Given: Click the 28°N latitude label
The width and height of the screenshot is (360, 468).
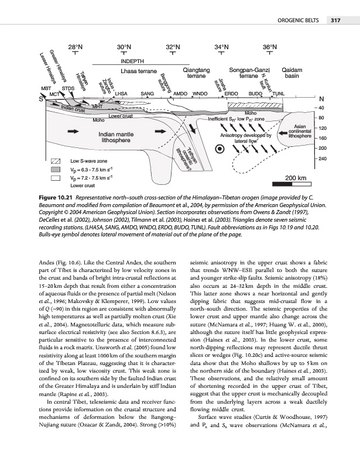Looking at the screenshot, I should (76, 46).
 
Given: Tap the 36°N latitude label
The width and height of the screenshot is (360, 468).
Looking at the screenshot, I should (270, 46).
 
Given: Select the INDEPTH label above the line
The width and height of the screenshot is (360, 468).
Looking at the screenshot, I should (133, 61).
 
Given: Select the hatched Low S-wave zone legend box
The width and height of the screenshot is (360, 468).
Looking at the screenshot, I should (56, 160).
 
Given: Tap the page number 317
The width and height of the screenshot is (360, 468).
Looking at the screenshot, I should (337, 21).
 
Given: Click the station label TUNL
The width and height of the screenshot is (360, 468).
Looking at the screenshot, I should (279, 94).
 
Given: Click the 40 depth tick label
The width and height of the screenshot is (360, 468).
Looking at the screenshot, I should (321, 108).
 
